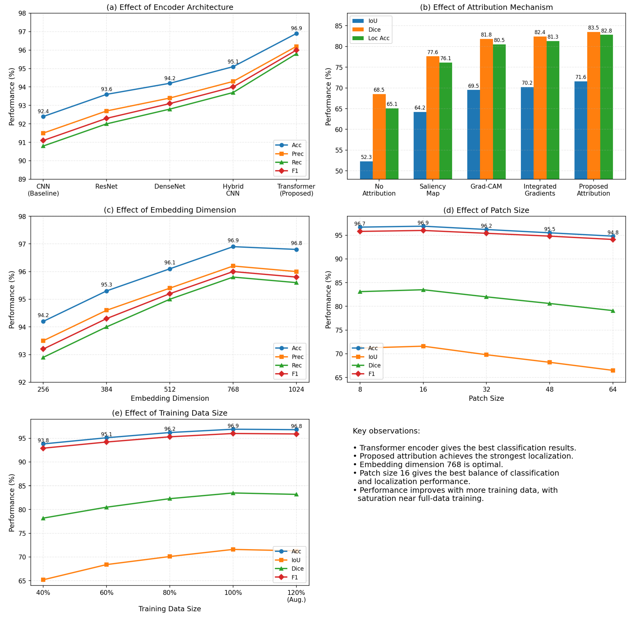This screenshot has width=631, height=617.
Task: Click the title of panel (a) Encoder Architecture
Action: pyautogui.click(x=170, y=7)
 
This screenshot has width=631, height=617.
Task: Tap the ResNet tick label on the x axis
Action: pyautogui.click(x=106, y=186)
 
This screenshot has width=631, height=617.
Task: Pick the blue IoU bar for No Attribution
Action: pyautogui.click(x=366, y=170)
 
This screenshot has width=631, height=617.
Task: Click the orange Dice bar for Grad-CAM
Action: pyautogui.click(x=486, y=109)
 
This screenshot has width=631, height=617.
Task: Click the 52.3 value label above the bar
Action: pyautogui.click(x=366, y=157)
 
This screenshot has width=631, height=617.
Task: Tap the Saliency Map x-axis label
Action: pyautogui.click(x=433, y=190)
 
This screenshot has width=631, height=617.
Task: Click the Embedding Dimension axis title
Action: pyautogui.click(x=170, y=398)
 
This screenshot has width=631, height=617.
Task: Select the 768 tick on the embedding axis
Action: pyautogui.click(x=233, y=389)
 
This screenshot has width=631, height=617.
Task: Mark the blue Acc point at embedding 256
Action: pyautogui.click(x=43, y=321)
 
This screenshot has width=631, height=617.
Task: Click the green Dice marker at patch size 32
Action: pyautogui.click(x=486, y=297)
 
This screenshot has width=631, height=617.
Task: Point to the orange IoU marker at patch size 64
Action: pyautogui.click(x=613, y=370)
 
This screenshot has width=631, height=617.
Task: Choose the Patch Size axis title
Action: pyautogui.click(x=486, y=398)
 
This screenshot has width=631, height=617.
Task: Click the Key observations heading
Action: pyautogui.click(x=386, y=431)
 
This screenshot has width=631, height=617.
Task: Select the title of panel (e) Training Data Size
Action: pyautogui.click(x=170, y=413)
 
